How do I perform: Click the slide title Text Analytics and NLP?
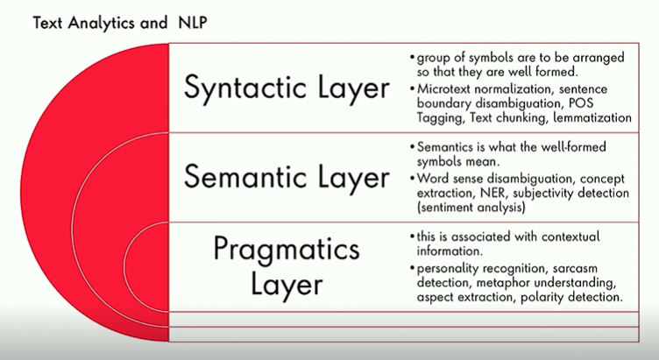coord(120,23)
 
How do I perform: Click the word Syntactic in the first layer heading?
coord(244,88)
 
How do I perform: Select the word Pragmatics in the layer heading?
coord(287,250)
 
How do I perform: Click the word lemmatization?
coord(592,117)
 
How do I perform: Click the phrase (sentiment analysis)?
coord(471,208)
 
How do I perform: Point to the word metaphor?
coord(503,283)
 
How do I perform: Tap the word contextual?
coord(570,236)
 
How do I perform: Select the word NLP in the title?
coord(193,23)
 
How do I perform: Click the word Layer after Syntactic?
coord(354,89)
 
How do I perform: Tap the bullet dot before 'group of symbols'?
coord(412,57)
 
